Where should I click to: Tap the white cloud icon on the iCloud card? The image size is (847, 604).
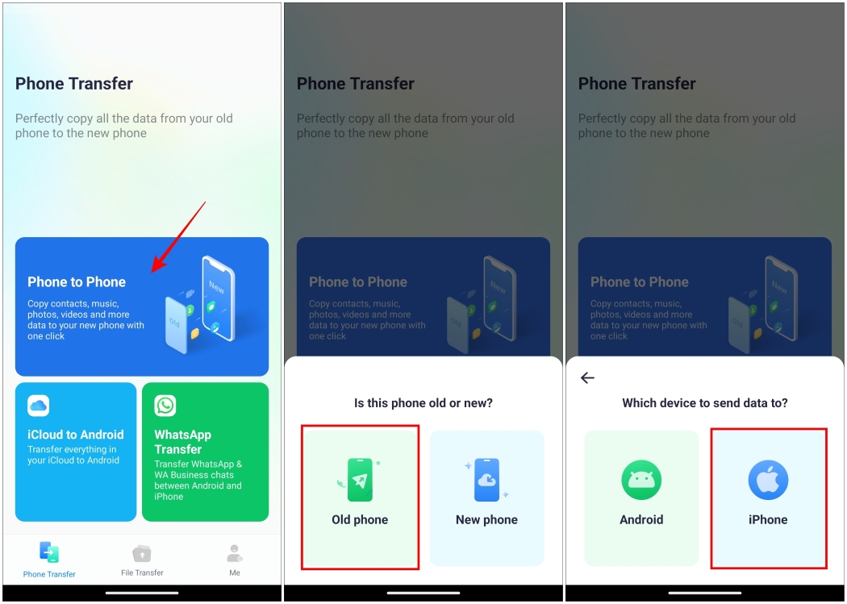pyautogui.click(x=38, y=405)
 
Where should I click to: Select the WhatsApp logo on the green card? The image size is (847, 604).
pyautogui.click(x=165, y=405)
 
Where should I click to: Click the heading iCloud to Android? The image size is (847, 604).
pyautogui.click(x=76, y=435)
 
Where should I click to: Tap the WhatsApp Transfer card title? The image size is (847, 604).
pyautogui.click(x=183, y=442)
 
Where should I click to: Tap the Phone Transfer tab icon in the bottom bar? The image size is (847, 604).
pyautogui.click(x=49, y=553)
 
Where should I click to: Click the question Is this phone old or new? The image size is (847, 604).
pyautogui.click(x=423, y=402)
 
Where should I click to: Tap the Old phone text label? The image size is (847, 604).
pyautogui.click(x=360, y=520)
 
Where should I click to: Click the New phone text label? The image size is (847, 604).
pyautogui.click(x=486, y=520)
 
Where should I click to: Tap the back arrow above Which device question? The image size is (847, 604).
pyautogui.click(x=587, y=377)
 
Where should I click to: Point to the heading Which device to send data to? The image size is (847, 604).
pyautogui.click(x=705, y=402)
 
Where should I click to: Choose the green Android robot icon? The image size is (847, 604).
pyautogui.click(x=641, y=481)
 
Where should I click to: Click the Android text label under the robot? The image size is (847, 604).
pyautogui.click(x=641, y=520)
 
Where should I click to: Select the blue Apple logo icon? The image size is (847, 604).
pyautogui.click(x=768, y=481)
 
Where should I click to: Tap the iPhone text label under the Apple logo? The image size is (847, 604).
pyautogui.click(x=768, y=520)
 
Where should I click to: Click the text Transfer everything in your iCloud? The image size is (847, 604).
pyautogui.click(x=73, y=455)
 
